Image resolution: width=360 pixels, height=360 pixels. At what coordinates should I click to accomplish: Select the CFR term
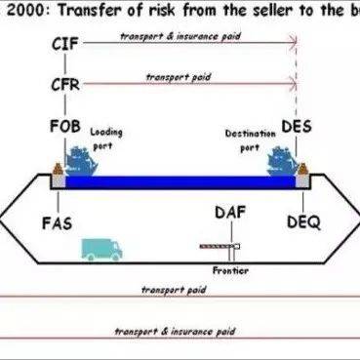tap(64, 85)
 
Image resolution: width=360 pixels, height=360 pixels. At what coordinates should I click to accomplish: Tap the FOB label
tap(64, 127)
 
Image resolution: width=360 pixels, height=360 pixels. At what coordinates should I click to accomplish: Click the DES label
tap(296, 127)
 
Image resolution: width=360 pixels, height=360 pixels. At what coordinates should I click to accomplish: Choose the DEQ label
tap(303, 221)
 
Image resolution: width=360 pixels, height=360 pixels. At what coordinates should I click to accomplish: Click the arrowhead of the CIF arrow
tap(293, 44)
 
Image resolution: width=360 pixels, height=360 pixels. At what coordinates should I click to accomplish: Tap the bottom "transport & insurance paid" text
tap(188, 333)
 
